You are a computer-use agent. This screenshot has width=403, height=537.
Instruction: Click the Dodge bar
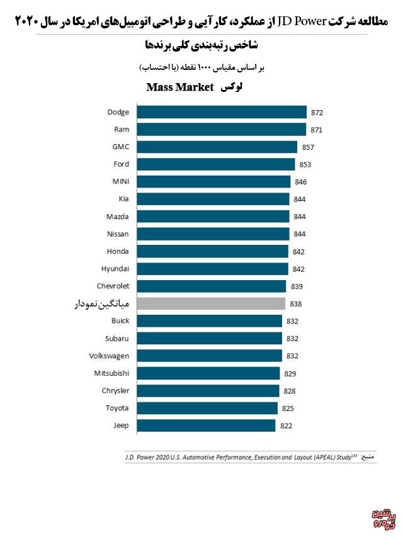click(x=222, y=112)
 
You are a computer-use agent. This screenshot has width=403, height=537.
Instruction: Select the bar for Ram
click(x=222, y=130)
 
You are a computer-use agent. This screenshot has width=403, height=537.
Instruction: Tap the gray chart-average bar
click(x=212, y=303)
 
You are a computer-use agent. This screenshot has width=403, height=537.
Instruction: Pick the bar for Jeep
click(x=206, y=426)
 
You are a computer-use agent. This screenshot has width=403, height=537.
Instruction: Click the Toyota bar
click(x=207, y=408)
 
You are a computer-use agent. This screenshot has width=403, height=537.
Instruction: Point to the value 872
click(x=317, y=113)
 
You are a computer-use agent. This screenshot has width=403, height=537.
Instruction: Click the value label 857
click(x=307, y=147)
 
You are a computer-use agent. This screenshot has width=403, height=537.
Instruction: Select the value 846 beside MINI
click(x=301, y=182)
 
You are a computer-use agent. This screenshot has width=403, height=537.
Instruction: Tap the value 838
click(x=295, y=304)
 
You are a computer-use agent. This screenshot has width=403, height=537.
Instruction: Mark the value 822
click(x=286, y=426)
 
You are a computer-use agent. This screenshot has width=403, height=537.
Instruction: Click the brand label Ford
click(x=121, y=164)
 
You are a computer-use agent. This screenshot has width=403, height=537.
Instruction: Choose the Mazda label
click(x=118, y=217)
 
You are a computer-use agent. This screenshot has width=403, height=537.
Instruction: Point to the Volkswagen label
click(x=109, y=356)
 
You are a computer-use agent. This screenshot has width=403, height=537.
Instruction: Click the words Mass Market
click(x=181, y=87)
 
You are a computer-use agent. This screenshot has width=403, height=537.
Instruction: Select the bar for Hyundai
click(x=212, y=269)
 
